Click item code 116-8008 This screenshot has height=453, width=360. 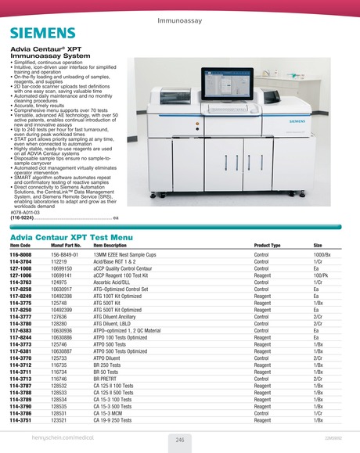click(x=20, y=256)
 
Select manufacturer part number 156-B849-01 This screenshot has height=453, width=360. click(x=66, y=256)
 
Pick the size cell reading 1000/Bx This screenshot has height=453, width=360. click(x=323, y=256)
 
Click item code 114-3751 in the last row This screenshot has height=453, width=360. click(x=20, y=420)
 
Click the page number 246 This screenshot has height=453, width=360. click(x=180, y=440)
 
